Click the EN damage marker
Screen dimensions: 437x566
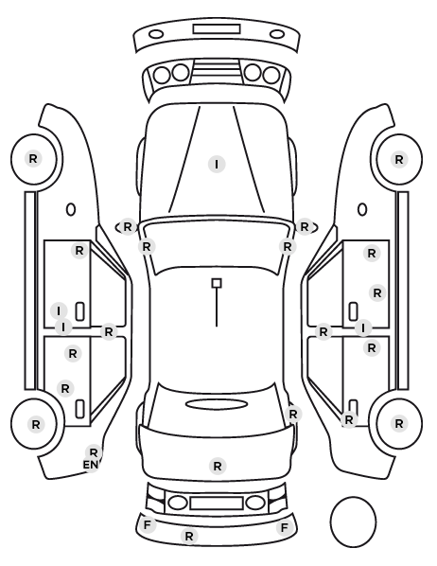click(91, 465)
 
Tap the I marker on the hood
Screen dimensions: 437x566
click(217, 165)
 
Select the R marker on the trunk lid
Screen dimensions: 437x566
click(218, 466)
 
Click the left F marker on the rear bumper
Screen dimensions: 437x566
click(147, 525)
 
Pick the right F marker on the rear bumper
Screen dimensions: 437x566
click(285, 528)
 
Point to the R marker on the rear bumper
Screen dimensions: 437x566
click(189, 536)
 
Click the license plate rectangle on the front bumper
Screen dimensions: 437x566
click(217, 29)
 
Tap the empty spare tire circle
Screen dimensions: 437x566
click(353, 522)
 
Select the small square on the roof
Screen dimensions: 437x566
click(217, 283)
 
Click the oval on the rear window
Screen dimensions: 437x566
click(217, 404)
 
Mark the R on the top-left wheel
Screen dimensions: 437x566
click(33, 158)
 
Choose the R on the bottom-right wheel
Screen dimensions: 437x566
click(399, 423)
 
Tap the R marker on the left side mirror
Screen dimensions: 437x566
click(128, 227)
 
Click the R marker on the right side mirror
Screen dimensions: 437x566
click(305, 227)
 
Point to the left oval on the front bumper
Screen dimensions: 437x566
click(156, 35)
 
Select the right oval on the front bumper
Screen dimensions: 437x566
click(277, 35)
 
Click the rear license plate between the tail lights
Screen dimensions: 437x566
click(217, 504)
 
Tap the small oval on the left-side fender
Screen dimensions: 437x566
click(71, 210)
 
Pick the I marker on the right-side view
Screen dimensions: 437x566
click(363, 327)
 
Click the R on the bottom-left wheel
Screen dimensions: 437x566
click(35, 424)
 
